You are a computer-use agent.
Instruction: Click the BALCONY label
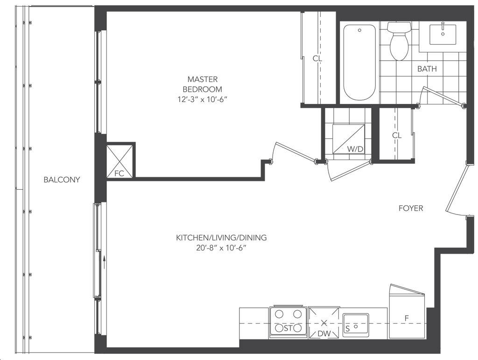click(x=62, y=180)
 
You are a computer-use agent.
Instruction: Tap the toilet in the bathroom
click(x=399, y=41)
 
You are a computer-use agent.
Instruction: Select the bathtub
click(x=359, y=62)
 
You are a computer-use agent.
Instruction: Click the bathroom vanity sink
click(x=443, y=35)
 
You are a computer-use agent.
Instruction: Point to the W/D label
click(x=355, y=149)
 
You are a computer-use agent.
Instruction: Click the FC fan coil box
click(x=119, y=161)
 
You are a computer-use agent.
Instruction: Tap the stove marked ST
click(x=288, y=322)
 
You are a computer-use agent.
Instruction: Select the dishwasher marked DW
click(x=324, y=323)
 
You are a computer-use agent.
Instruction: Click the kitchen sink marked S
click(x=356, y=325)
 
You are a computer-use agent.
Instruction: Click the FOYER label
click(x=411, y=208)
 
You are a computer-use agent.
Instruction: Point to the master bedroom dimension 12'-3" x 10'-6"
click(x=203, y=99)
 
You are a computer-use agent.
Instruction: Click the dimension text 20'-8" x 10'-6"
click(x=221, y=248)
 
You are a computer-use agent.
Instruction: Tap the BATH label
click(x=427, y=69)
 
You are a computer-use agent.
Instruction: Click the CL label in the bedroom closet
click(x=317, y=58)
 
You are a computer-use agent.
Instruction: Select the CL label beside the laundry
click(x=397, y=135)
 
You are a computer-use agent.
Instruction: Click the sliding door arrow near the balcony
click(x=104, y=262)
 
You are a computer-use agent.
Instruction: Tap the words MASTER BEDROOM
click(x=203, y=84)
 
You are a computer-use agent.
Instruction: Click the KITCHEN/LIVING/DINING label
click(x=221, y=237)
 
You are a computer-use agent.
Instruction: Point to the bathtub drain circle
click(x=360, y=30)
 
